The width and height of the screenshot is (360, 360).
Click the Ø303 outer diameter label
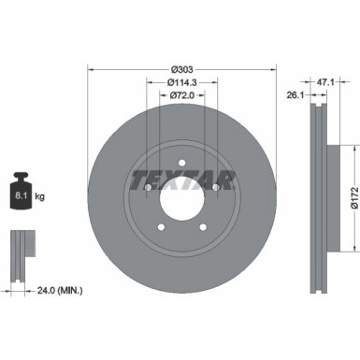[x=182, y=69]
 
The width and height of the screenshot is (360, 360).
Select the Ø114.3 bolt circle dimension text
[x=182, y=82]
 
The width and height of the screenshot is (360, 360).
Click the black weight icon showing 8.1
[x=21, y=194]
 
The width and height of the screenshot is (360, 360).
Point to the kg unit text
[x=40, y=197]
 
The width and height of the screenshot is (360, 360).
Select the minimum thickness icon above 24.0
[x=21, y=245]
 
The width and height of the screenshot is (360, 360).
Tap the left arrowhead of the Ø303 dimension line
[x=91, y=69]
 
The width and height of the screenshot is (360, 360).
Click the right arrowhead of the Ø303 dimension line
[x=275, y=69]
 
